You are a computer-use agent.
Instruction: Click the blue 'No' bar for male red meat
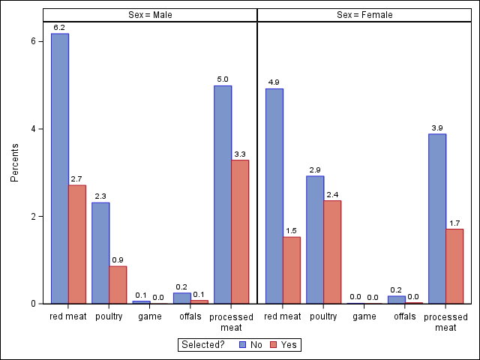[60, 169]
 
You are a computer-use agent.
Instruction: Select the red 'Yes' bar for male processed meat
[240, 232]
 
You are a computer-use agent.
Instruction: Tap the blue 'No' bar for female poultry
[315, 240]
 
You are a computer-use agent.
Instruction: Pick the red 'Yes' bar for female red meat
[292, 270]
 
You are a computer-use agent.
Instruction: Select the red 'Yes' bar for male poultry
[118, 285]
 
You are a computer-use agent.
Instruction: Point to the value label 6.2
[60, 28]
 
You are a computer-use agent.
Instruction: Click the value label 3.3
[240, 154]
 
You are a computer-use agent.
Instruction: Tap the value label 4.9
[274, 82]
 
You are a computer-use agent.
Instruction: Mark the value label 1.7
[454, 223]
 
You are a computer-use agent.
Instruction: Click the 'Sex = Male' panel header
[150, 15]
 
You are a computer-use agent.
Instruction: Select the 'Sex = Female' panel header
[364, 15]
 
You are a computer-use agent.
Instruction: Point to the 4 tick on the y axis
[33, 129]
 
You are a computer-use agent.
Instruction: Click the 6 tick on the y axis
[33, 41]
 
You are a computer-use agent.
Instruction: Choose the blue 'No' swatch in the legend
[243, 345]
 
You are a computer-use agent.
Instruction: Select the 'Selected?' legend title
[205, 345]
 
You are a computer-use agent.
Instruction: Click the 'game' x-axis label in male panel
[150, 316]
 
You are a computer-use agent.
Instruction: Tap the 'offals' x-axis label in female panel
[405, 316]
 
